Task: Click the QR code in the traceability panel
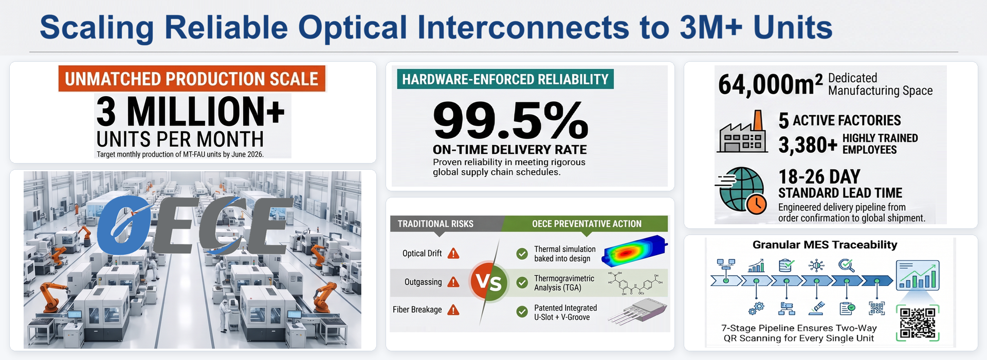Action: click(918, 323)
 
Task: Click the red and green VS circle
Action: click(488, 281)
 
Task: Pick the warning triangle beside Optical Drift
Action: click(453, 253)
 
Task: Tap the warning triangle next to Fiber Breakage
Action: click(453, 310)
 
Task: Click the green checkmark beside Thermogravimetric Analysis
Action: click(522, 282)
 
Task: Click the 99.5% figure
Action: click(510, 120)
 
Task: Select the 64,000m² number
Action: click(770, 84)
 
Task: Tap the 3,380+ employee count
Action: click(808, 145)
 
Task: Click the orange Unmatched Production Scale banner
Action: click(192, 79)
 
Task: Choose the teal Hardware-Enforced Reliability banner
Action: click(505, 79)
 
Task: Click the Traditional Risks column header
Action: click(435, 224)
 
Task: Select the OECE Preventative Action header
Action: click(587, 224)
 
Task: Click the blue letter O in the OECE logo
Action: click(124, 225)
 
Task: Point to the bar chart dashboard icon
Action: click(918, 275)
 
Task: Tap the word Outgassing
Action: click(423, 282)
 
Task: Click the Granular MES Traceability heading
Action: click(825, 245)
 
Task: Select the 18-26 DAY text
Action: click(819, 176)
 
